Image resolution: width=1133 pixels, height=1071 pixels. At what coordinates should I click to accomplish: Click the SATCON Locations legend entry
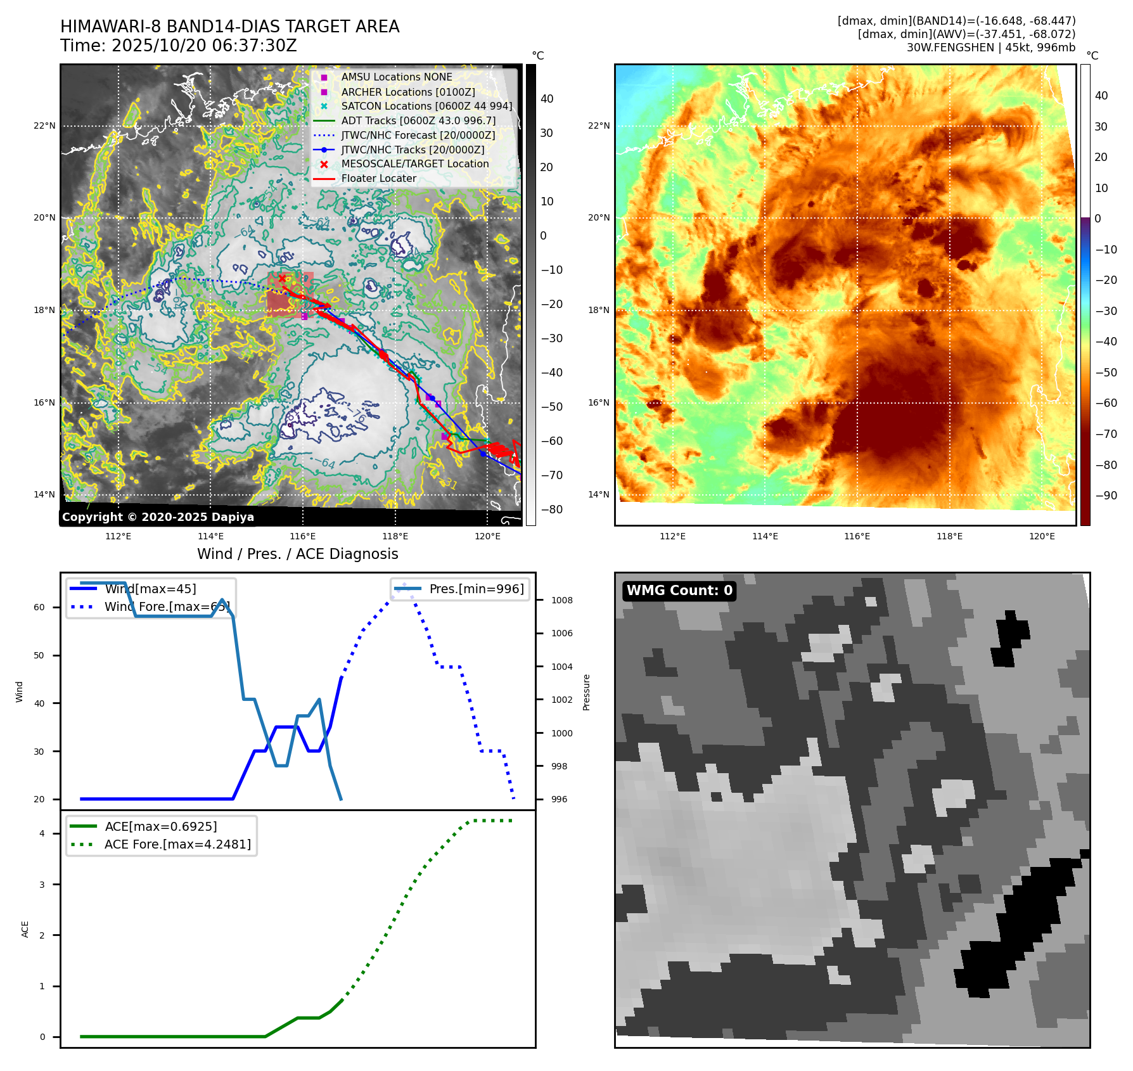pos(426,106)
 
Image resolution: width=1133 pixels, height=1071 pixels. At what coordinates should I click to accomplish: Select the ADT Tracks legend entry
pos(418,120)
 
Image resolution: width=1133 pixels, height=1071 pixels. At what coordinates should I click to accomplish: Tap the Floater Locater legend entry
pos(378,179)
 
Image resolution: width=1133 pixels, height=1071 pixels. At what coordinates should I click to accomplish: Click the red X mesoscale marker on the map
pos(282,278)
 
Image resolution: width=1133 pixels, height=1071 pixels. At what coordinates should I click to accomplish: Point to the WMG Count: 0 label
pos(679,591)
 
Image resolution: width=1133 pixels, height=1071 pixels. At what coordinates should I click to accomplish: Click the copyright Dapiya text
pos(158,517)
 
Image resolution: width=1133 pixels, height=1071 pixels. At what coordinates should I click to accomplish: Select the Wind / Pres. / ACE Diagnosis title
pos(297,554)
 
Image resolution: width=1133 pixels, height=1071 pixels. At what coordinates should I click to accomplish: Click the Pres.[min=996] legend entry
pos(477,589)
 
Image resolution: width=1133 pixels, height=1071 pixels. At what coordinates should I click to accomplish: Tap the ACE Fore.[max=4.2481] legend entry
pos(177,844)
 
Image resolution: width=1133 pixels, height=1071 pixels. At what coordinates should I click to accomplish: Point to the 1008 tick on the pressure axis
pos(561,600)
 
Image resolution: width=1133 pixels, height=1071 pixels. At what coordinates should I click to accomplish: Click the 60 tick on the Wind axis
pos(39,607)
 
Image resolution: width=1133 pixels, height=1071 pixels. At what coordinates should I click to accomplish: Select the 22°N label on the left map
pos(44,125)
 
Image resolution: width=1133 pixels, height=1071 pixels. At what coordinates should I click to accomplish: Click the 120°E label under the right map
pos(1042,536)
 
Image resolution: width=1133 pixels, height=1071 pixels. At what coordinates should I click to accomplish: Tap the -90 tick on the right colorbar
pos(1106,496)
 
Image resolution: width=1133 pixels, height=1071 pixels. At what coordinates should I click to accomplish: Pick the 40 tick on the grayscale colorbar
pos(547,99)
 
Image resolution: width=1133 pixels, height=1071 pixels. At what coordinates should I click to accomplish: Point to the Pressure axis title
pos(586,692)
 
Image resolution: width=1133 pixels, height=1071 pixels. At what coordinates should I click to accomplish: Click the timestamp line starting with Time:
pos(178,46)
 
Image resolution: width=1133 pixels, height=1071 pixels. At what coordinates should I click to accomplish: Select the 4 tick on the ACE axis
pos(42,833)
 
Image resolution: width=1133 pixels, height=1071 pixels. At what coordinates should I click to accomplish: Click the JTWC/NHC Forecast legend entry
pos(418,135)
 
